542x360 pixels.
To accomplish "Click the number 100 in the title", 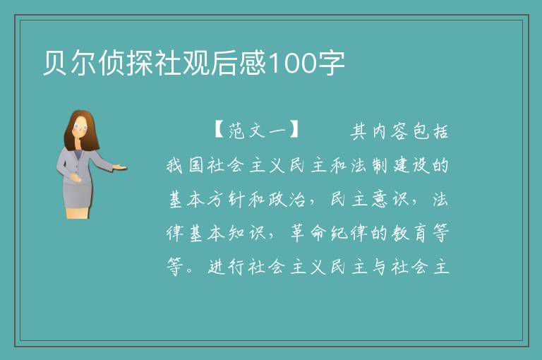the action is point(292,64).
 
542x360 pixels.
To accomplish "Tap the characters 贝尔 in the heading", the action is point(70,64).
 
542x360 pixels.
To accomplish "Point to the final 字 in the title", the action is point(331,64).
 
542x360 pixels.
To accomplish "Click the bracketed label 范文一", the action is point(256,131).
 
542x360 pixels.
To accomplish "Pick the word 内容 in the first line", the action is point(390,131).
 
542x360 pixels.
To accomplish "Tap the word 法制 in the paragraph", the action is point(369,165).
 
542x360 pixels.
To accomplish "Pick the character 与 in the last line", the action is point(380,267).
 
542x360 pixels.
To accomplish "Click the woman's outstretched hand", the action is point(119,168).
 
